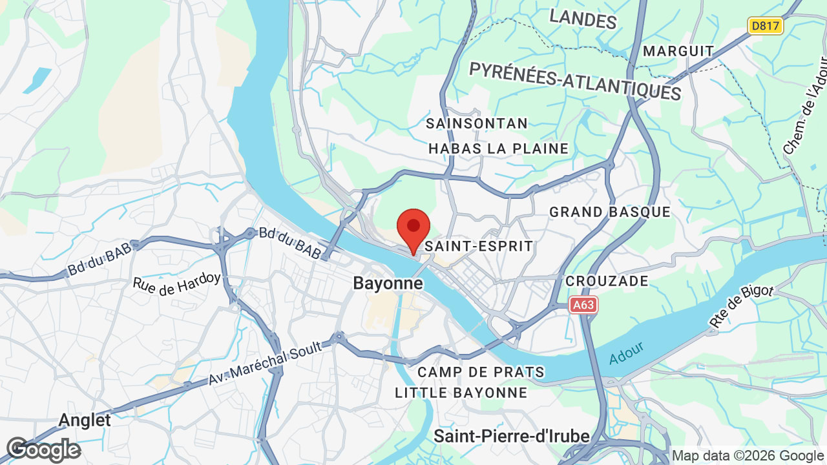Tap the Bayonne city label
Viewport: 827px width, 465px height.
(x=388, y=284)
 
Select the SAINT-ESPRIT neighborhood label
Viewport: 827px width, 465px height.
(x=479, y=246)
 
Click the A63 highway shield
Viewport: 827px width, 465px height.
(x=583, y=305)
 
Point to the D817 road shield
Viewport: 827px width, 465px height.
(x=766, y=26)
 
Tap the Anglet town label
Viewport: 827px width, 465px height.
(x=85, y=420)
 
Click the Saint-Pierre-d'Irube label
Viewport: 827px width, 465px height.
(x=512, y=436)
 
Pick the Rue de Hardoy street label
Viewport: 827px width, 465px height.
(x=176, y=283)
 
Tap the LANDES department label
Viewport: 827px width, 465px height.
(x=583, y=19)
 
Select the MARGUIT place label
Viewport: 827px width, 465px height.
(x=679, y=51)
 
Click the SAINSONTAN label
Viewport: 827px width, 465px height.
(x=477, y=123)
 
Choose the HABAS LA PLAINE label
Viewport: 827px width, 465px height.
(x=499, y=149)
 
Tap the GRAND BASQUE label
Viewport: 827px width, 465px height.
(x=610, y=212)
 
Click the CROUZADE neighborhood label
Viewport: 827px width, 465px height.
(x=607, y=281)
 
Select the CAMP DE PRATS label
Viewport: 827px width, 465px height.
(x=481, y=372)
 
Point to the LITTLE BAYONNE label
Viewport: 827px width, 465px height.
(x=461, y=393)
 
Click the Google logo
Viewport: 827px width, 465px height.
(x=44, y=450)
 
